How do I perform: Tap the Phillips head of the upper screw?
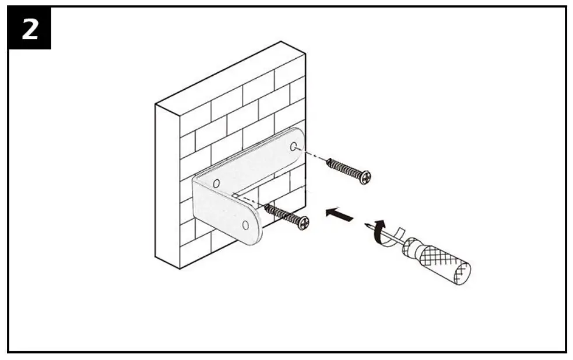click(x=365, y=177)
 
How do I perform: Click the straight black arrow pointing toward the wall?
click(x=339, y=215)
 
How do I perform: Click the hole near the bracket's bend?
click(x=216, y=184)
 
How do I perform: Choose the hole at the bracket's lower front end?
click(x=245, y=224)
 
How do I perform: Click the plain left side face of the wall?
click(x=167, y=186)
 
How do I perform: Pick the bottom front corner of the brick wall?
click(x=180, y=267)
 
